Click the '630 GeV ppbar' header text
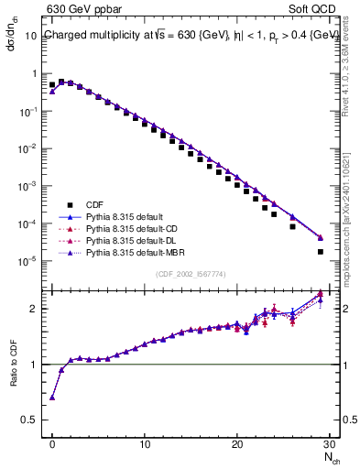tap(84, 10)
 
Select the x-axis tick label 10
tap(145, 442)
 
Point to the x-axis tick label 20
tap(237, 442)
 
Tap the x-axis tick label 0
tap(52, 442)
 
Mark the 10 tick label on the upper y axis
tap(29, 36)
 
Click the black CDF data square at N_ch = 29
tap(321, 252)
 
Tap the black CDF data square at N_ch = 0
tap(52, 85)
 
